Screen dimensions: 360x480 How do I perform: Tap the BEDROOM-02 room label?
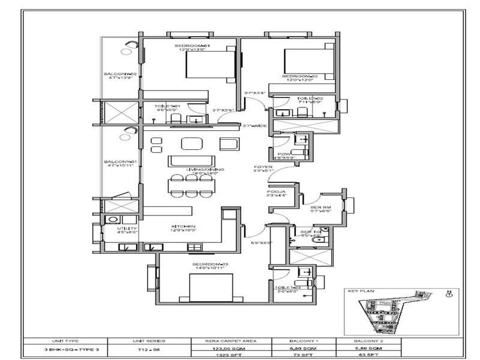click(x=299, y=77)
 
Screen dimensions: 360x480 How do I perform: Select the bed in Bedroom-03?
click(x=211, y=287)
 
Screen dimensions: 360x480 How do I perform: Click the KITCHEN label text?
click(x=184, y=226)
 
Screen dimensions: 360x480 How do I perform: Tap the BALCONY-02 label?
click(x=121, y=74)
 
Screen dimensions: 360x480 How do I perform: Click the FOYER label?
click(x=263, y=167)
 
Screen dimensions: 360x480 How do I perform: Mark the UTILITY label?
click(x=127, y=229)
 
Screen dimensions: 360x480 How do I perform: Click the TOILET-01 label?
click(x=167, y=106)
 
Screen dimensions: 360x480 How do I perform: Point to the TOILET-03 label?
click(x=286, y=288)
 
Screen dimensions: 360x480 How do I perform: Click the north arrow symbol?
click(x=449, y=294)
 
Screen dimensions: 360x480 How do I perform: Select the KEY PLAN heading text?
click(x=361, y=291)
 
